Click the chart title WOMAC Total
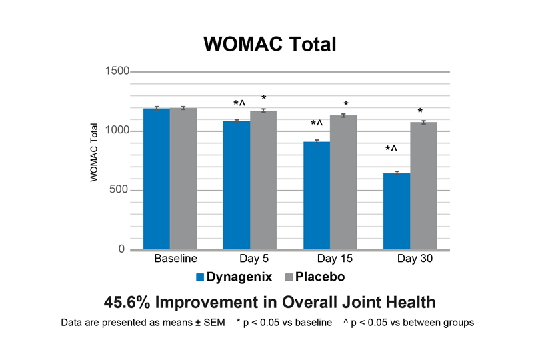coord(269,44)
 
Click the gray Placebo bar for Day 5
coord(263,180)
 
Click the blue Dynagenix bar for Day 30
coord(397,211)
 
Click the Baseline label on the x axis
coord(175,259)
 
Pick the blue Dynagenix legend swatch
coord(199,276)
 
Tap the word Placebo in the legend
coord(319,276)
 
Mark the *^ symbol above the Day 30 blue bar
coord(392,149)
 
